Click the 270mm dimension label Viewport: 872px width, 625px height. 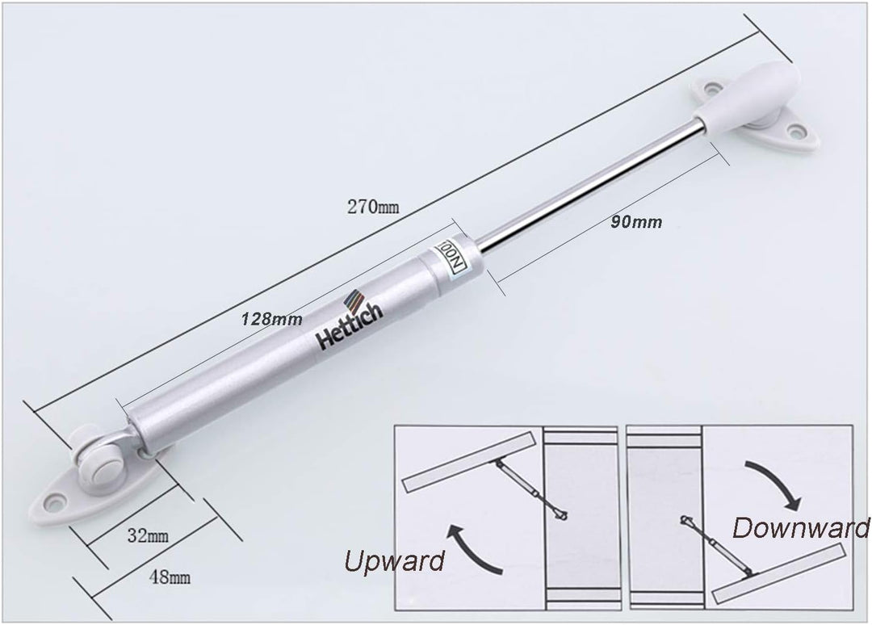pos(373,207)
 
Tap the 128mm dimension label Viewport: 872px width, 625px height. pos(271,319)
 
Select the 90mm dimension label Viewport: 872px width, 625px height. pos(636,222)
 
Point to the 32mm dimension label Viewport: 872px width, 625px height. pos(148,535)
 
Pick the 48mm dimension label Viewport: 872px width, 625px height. pos(170,577)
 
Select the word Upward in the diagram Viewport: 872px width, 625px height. pos(394,560)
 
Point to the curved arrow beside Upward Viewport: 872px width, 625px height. pos(474,549)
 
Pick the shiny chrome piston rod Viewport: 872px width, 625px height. pos(589,187)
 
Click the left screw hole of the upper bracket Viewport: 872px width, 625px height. pos(711,88)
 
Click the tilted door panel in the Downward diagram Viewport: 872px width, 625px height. pos(779,574)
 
